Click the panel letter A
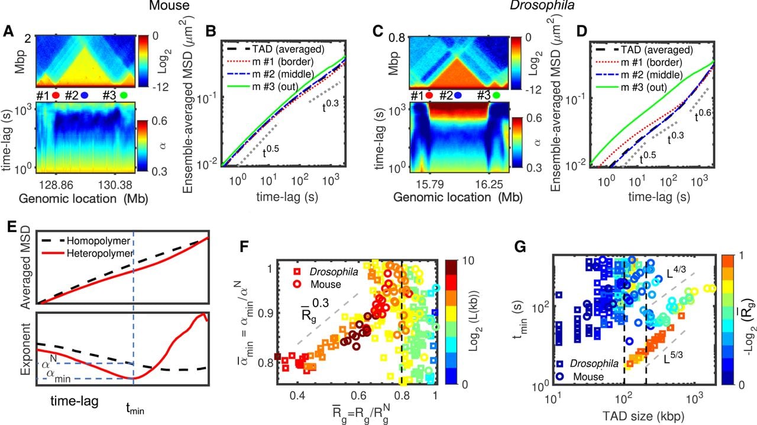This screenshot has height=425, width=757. (8, 31)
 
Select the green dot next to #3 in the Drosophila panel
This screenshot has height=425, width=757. (496, 96)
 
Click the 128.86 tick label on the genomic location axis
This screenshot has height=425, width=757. (56, 185)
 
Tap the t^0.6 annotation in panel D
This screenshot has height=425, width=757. (703, 115)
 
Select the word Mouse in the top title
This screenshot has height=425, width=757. (169, 5)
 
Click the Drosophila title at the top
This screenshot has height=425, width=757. (542, 5)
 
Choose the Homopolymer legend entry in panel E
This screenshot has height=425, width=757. (98, 241)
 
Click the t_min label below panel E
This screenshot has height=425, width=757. (135, 410)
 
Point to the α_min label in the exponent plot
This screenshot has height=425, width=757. (56, 376)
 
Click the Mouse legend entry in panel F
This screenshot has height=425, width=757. (326, 284)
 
